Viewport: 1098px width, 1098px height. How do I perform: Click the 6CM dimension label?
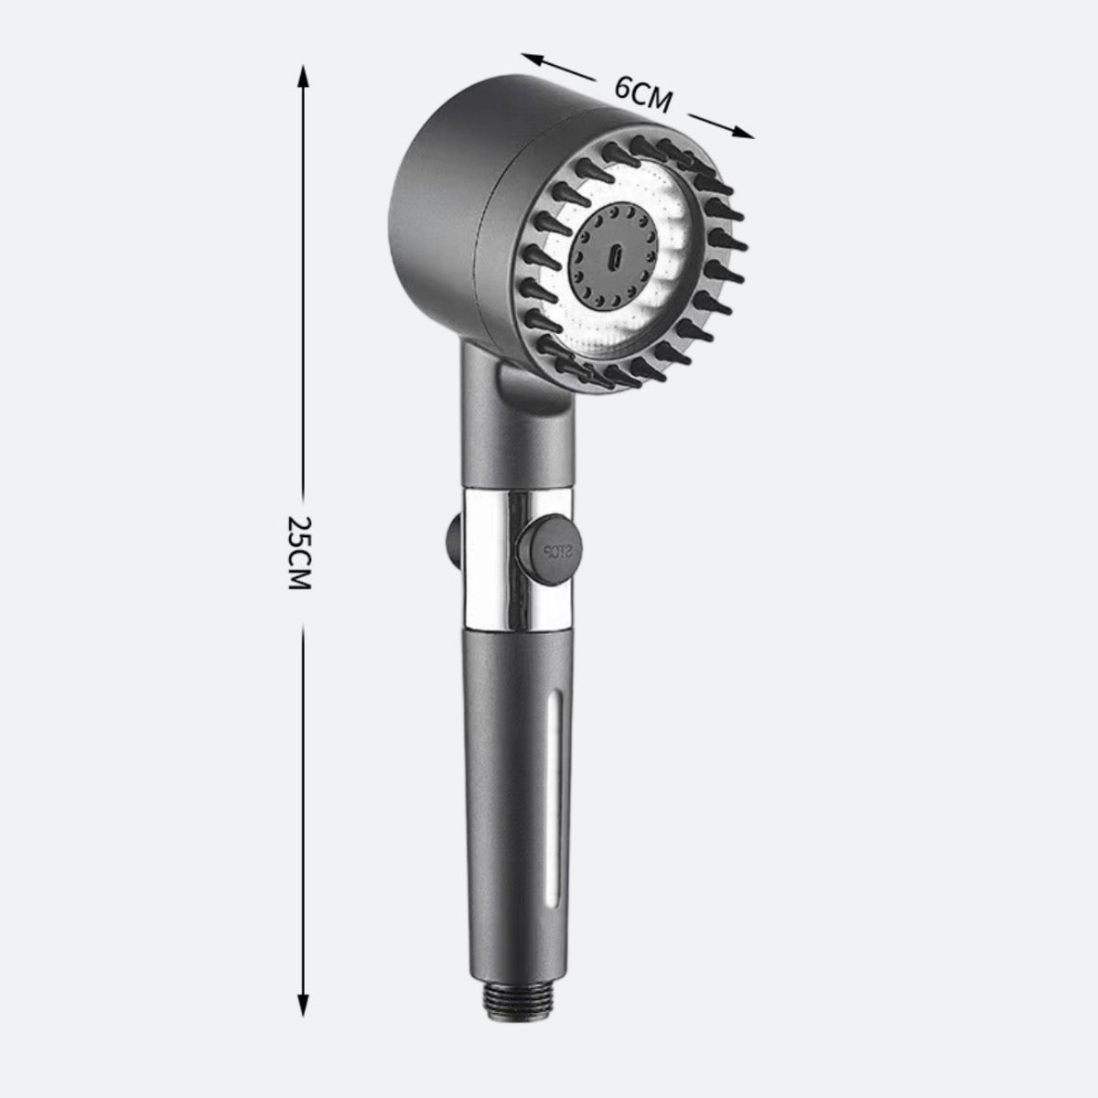pos(643,94)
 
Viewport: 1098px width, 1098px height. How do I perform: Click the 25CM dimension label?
pos(298,554)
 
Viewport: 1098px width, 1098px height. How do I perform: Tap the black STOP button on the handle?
pos(549,551)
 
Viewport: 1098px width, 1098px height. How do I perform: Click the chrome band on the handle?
pos(516,560)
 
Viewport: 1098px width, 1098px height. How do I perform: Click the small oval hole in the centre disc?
pos(616,256)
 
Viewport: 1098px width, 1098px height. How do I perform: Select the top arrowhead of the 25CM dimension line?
pos(303,76)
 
